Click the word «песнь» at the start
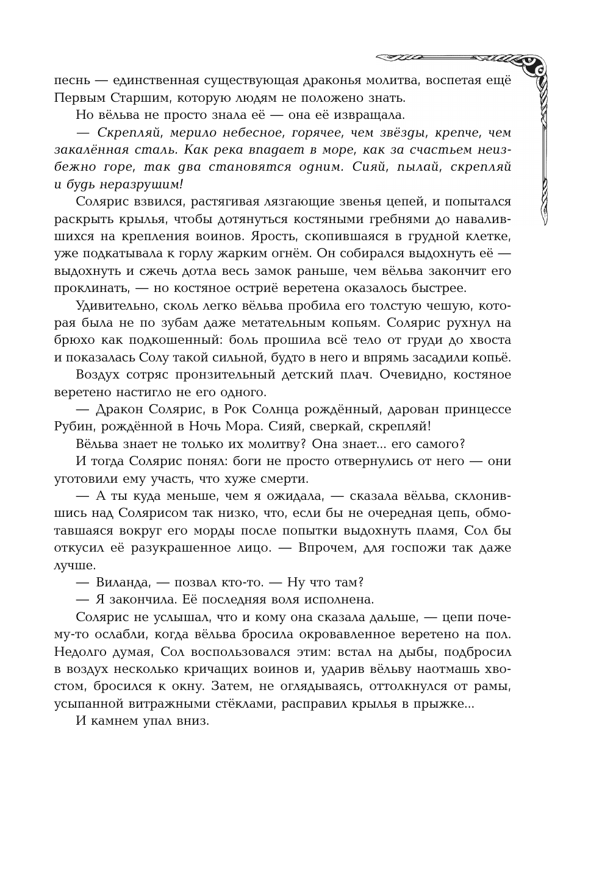[x=72, y=80]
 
